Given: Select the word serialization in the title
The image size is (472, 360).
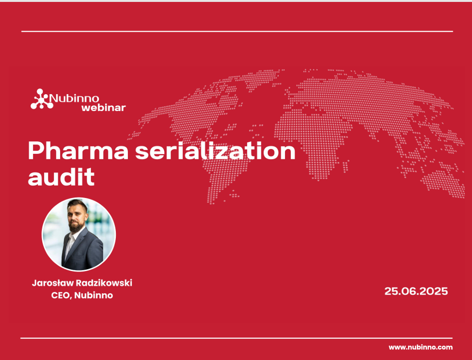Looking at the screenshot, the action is pyautogui.click(x=215, y=151).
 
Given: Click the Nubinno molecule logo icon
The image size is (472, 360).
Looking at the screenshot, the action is pyautogui.click(x=42, y=99).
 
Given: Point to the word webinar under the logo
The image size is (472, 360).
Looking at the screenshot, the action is pyautogui.click(x=103, y=108).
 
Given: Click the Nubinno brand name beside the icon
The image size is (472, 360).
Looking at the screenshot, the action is pyautogui.click(x=74, y=98).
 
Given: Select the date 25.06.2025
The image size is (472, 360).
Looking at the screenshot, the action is pyautogui.click(x=416, y=291).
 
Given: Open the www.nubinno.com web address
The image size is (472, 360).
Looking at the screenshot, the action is pyautogui.click(x=421, y=347).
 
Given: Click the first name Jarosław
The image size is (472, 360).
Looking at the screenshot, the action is pyautogui.click(x=52, y=283).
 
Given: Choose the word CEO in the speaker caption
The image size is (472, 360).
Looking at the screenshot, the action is pyautogui.click(x=61, y=295).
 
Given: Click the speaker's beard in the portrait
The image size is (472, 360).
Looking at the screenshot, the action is pyautogui.click(x=75, y=226).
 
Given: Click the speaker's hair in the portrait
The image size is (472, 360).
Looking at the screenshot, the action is pyautogui.click(x=77, y=205).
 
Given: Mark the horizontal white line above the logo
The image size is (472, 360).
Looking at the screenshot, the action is pyautogui.click(x=237, y=31).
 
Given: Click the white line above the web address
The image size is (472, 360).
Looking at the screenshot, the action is pyautogui.click(x=236, y=338).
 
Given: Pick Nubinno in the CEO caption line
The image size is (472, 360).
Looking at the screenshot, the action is pyautogui.click(x=94, y=295).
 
